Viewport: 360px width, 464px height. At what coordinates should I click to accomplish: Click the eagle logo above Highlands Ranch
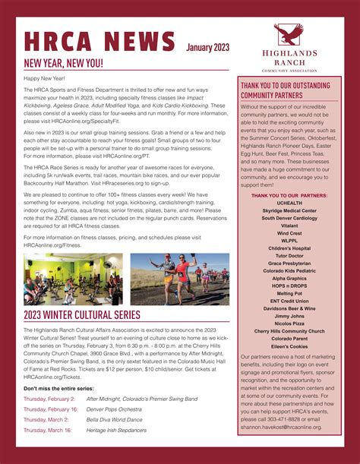click(x=289, y=34)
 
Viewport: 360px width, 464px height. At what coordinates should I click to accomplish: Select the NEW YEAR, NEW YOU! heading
click(x=64, y=63)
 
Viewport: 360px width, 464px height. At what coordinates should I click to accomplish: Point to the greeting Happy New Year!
click(x=45, y=78)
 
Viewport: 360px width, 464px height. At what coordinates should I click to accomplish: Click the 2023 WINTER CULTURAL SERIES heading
click(x=82, y=314)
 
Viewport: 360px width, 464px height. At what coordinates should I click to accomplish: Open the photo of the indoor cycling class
click(x=72, y=279)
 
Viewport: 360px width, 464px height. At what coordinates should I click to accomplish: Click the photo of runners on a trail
click(x=179, y=279)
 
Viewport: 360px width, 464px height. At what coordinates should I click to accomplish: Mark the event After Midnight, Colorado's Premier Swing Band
click(x=142, y=398)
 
